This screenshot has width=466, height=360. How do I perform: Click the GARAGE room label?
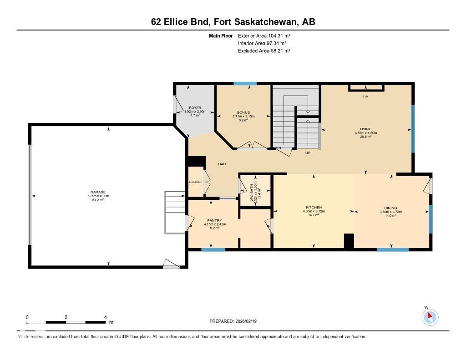[x=98, y=192]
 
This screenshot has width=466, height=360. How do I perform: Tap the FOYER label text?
[x=195, y=108]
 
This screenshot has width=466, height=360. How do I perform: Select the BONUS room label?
[x=243, y=112]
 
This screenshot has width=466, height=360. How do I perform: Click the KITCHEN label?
[x=314, y=208]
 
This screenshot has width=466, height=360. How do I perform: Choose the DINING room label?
[x=390, y=208]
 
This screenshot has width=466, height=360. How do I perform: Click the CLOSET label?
[x=196, y=182]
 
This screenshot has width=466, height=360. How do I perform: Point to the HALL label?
[x=223, y=164]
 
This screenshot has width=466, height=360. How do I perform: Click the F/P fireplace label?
[x=365, y=97]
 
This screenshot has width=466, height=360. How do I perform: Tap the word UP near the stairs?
[x=308, y=153]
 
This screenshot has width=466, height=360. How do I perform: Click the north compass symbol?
[x=430, y=317]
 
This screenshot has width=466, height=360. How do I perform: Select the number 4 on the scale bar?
[x=105, y=317]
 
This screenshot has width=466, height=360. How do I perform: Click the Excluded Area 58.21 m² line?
[x=264, y=51]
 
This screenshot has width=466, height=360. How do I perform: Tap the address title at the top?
[x=233, y=22]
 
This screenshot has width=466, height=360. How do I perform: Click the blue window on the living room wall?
[x=413, y=129]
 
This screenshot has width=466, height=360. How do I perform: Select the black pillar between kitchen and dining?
[x=349, y=241]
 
